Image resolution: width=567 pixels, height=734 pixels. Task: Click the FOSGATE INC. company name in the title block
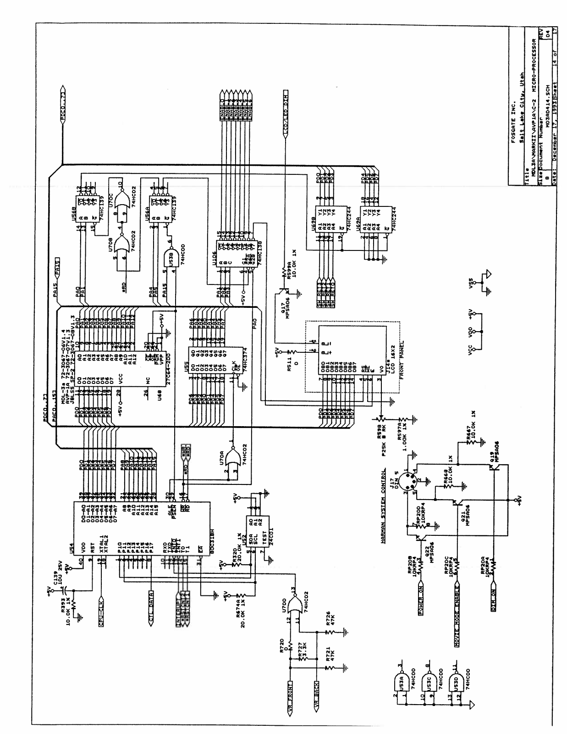[x=515, y=111]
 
